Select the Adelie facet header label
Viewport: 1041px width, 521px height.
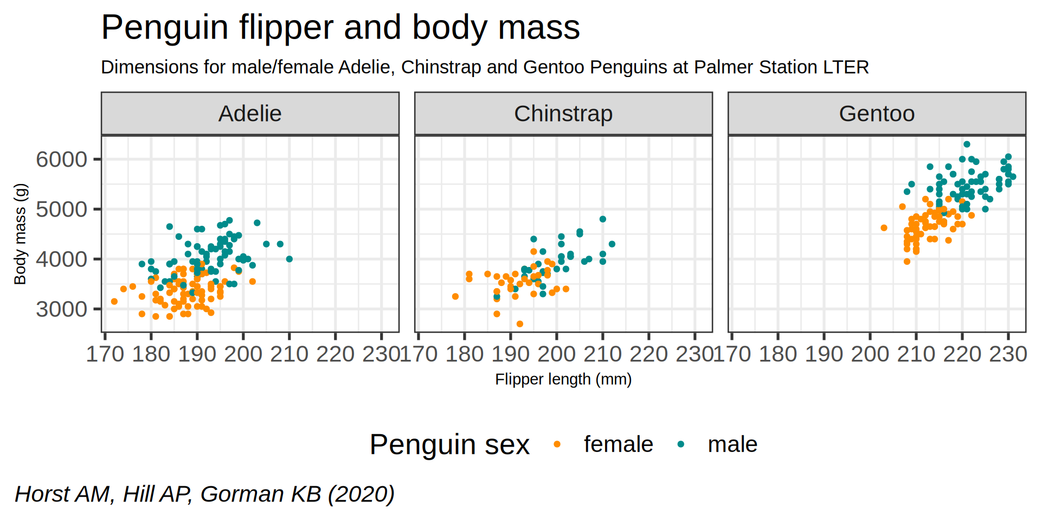pyautogui.click(x=250, y=114)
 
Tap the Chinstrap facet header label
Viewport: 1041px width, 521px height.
pyautogui.click(x=563, y=114)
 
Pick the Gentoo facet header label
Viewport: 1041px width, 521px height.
pyautogui.click(x=877, y=114)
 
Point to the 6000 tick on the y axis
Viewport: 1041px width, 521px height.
pyautogui.click(x=61, y=160)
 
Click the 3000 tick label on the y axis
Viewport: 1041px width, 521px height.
pyautogui.click(x=61, y=309)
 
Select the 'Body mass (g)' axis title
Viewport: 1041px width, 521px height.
pyautogui.click(x=20, y=234)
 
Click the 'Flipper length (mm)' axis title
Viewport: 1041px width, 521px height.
pyautogui.click(x=563, y=379)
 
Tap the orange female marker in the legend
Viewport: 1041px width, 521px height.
pyautogui.click(x=557, y=444)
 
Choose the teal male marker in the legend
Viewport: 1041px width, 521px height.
pyautogui.click(x=681, y=444)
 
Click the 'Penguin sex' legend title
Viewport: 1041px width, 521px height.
pyautogui.click(x=449, y=445)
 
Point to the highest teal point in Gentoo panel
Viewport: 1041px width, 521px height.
pyautogui.click(x=967, y=144)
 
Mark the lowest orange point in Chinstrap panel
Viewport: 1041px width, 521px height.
pyautogui.click(x=520, y=324)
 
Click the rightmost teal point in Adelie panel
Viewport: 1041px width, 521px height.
pyautogui.click(x=290, y=259)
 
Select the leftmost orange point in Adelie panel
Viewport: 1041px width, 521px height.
pyautogui.click(x=114, y=301)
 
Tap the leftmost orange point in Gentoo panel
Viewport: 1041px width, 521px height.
pyautogui.click(x=884, y=228)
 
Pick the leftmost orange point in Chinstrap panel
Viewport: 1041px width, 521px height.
pyautogui.click(x=455, y=296)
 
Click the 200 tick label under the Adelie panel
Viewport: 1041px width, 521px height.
pyautogui.click(x=243, y=354)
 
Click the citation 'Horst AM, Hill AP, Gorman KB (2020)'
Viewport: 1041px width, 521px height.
pyautogui.click(x=204, y=494)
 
